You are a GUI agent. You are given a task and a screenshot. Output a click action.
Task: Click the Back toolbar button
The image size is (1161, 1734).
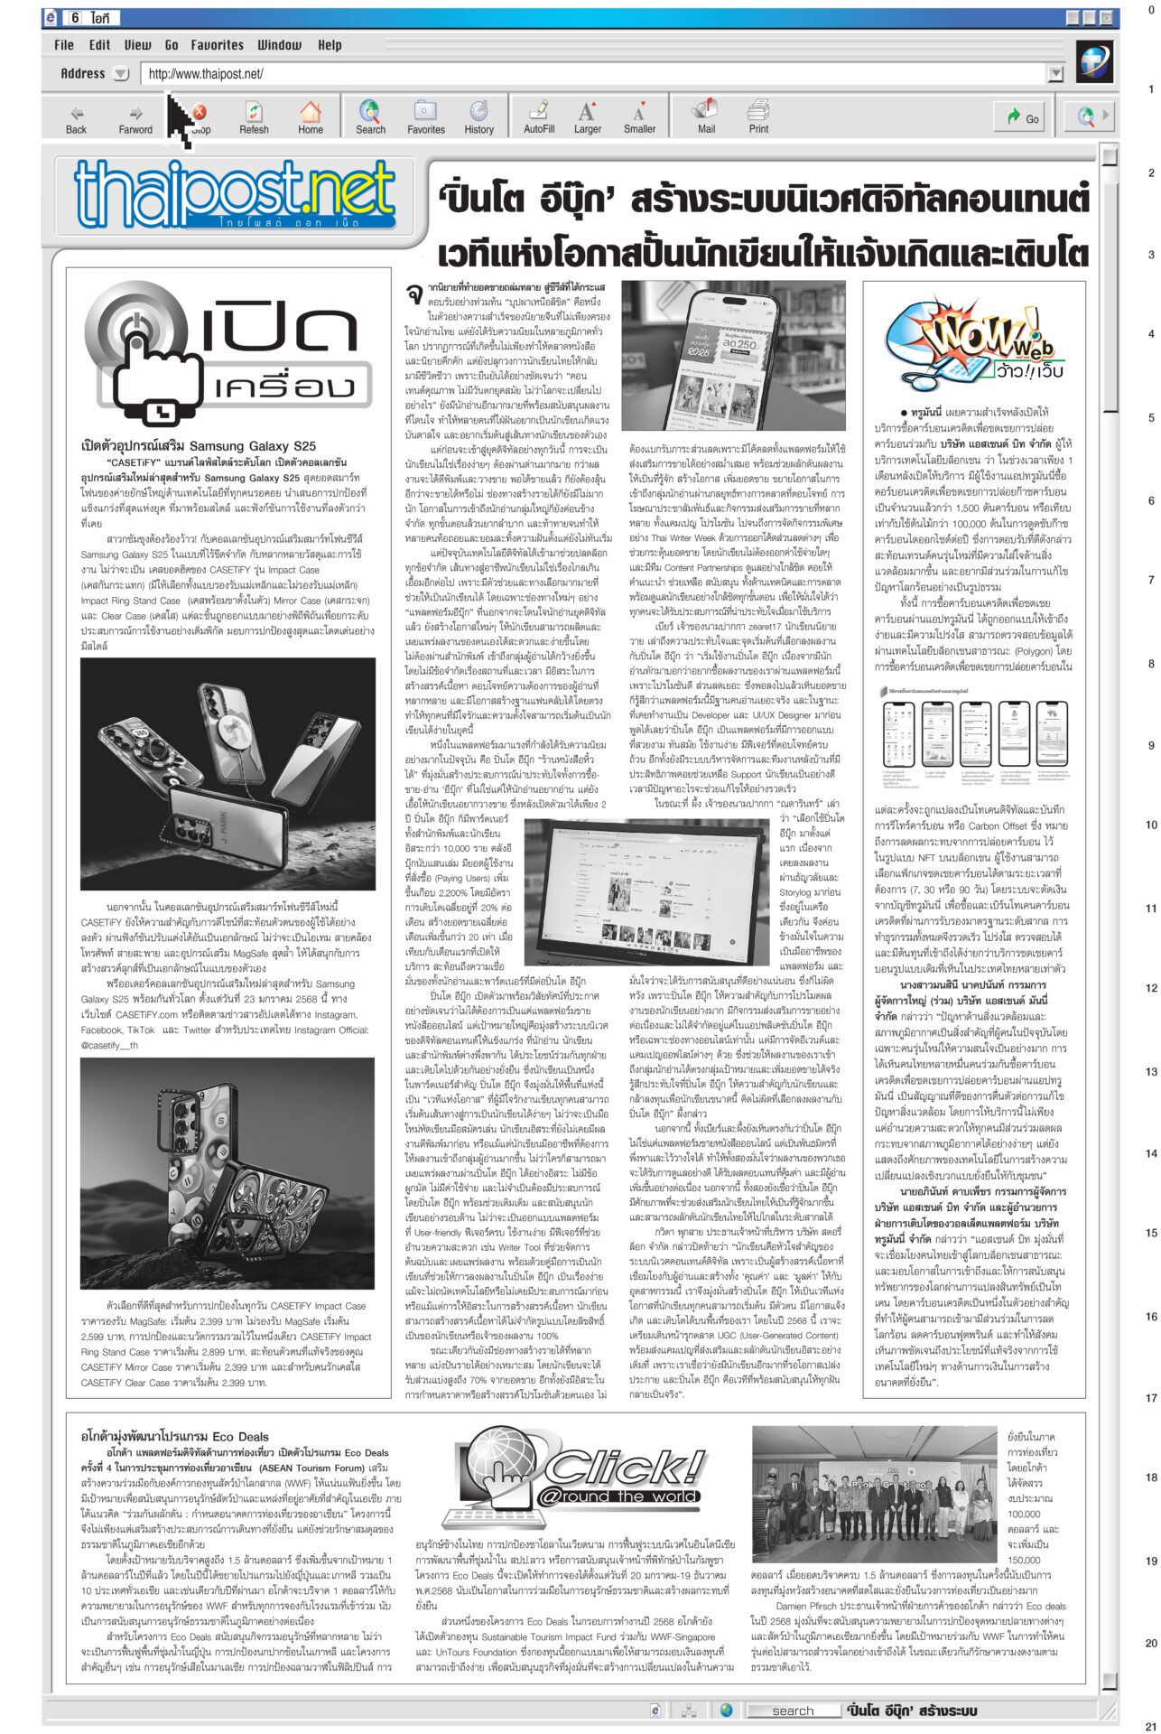coord(77,117)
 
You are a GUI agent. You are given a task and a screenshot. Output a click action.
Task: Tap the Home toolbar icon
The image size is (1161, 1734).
coord(311,117)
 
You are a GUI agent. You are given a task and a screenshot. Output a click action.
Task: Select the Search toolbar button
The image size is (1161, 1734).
coord(370,117)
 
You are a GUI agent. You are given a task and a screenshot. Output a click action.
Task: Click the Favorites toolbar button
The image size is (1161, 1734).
coord(425,117)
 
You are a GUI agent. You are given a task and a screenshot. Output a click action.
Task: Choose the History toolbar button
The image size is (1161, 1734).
coord(478,117)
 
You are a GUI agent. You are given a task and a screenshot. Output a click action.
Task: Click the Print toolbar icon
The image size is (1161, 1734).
coord(758,117)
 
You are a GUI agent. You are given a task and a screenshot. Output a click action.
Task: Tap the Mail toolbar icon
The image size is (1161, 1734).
coord(706,117)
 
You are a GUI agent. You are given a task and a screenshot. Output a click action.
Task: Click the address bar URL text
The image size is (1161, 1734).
coord(206,74)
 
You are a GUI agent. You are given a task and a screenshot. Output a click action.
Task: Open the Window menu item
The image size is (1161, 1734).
coord(280,45)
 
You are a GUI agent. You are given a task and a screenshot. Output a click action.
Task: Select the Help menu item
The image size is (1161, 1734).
coord(330,45)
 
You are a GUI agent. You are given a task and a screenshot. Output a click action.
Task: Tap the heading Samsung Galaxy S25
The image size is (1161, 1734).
coord(199,446)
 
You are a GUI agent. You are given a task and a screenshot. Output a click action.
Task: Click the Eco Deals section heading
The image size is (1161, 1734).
coord(175,1436)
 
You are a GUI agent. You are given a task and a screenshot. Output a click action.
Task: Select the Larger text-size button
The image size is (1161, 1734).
coord(587,117)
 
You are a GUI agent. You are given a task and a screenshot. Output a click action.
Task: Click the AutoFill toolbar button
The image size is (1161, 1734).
coord(539,117)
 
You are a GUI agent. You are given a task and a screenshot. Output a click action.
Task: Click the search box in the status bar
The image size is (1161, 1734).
coord(793,1711)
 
